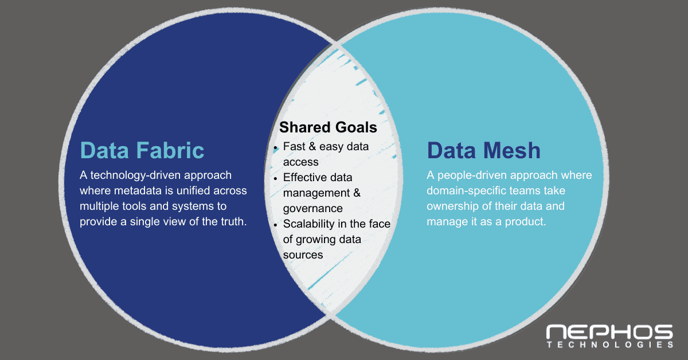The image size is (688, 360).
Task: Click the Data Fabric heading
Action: pos(142,150)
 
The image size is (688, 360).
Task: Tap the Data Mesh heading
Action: pos(483,150)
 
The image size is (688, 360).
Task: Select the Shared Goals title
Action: pos(329,127)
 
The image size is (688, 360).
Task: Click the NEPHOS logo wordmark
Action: pos(609,332)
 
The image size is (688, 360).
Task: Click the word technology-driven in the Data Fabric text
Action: pos(134,175)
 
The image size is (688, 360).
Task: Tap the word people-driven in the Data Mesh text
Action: pos(478,175)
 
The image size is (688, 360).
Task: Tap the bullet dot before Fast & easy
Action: pos(276,147)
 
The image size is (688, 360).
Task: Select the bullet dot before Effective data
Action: pos(276,178)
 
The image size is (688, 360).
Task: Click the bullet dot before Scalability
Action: pos(276,225)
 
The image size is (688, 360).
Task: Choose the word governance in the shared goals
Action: pos(312,208)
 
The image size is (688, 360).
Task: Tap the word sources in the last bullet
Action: pos(303,255)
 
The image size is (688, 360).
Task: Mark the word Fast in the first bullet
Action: pos(294,146)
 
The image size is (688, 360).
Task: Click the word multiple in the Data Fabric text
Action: pos(99,206)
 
